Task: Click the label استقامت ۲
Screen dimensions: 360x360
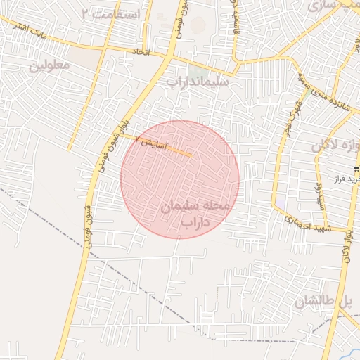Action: click(111, 14)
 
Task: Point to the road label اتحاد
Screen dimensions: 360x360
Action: click(141, 52)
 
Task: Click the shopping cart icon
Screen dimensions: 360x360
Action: click(357, 168)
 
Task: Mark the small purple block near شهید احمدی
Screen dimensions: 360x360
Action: click(281, 203)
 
